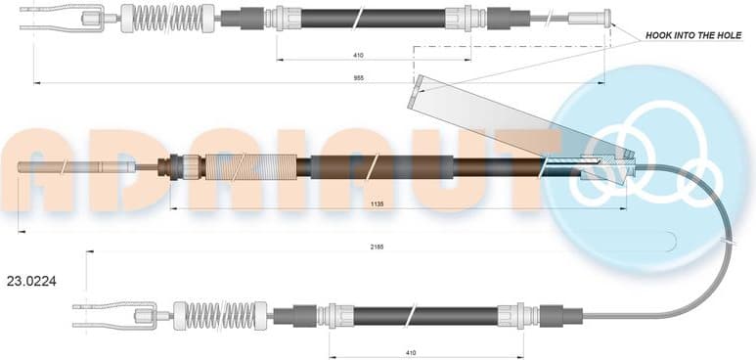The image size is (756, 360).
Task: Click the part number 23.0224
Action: tap(31, 281)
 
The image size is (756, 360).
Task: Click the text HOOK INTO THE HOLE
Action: tap(693, 35)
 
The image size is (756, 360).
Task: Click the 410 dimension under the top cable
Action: tap(360, 56)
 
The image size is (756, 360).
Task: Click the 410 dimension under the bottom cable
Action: tap(410, 351)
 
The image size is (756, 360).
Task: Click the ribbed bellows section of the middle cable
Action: tap(254, 167)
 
